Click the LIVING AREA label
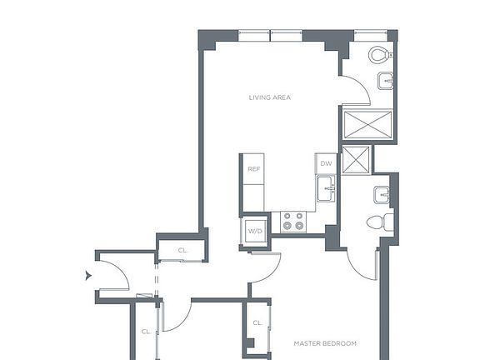click(x=269, y=97)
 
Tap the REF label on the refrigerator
click(x=254, y=169)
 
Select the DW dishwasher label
click(x=326, y=163)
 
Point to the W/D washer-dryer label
click(x=254, y=231)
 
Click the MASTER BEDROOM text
click(x=326, y=343)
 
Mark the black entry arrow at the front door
click(x=88, y=275)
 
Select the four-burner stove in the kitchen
click(x=293, y=221)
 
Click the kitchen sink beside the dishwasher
click(x=326, y=189)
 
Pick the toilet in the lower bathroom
click(x=377, y=222)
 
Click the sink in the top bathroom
click(x=385, y=82)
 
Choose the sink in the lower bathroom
click(x=382, y=196)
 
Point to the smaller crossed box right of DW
click(x=356, y=159)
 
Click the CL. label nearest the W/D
click(x=183, y=250)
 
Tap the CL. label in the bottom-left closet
click(x=146, y=332)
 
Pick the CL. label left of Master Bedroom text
click(x=257, y=322)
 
